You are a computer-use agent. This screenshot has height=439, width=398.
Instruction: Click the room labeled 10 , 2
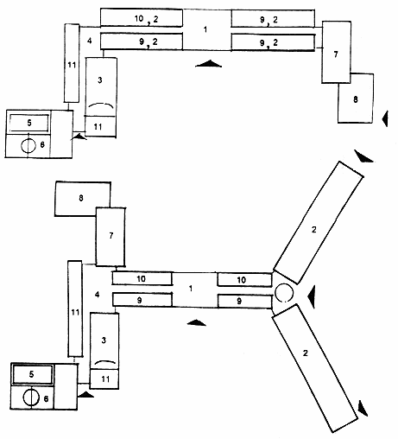coord(142,18)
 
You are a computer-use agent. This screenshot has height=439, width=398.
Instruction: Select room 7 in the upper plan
coord(336,52)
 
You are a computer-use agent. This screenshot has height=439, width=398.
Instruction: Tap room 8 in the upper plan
coord(356,99)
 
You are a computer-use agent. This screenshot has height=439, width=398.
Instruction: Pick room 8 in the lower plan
coord(83,199)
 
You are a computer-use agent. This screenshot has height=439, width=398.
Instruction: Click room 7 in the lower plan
coord(111,237)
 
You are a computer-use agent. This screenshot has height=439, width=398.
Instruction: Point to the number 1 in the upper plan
coord(205,29)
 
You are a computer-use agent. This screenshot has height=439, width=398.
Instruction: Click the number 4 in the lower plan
coord(98,295)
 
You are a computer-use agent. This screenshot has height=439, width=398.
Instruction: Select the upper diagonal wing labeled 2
coord(318,223)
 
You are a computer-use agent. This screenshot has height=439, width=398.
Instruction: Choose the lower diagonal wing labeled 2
coord(315,368)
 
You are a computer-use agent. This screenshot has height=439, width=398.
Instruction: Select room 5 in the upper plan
coord(29,123)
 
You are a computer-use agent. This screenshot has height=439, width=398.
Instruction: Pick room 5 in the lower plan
coord(32,374)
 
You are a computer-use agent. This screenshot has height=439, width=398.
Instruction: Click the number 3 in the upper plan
coord(100,80)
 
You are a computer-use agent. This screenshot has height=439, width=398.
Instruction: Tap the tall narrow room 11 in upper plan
coord(72,63)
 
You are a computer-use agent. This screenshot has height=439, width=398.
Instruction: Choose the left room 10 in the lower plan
coord(142,278)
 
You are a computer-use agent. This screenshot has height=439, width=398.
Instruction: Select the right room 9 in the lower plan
coord(244,302)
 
